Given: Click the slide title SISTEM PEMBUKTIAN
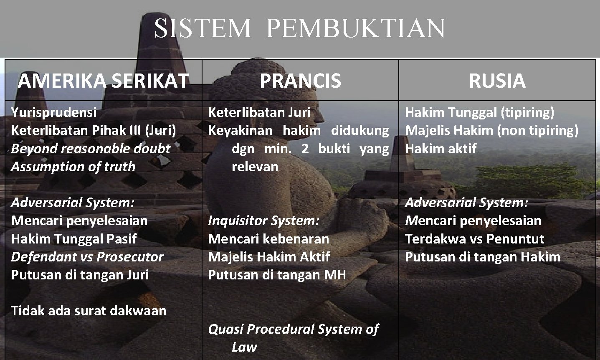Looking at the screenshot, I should [x=299, y=28].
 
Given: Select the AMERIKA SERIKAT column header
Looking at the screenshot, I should [x=103, y=81].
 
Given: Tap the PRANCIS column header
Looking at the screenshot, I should [x=300, y=81].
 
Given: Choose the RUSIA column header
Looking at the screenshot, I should [x=497, y=81].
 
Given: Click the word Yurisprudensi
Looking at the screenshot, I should [x=54, y=112].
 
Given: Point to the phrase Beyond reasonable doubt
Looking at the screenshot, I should [x=91, y=149].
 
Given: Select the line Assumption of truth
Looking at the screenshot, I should [x=73, y=167].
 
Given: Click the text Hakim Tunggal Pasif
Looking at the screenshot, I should [x=73, y=239].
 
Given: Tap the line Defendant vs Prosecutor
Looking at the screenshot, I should [x=87, y=257].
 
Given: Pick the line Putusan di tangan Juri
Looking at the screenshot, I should [x=80, y=275].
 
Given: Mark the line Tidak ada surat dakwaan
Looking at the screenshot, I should [x=89, y=311].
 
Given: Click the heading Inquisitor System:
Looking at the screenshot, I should [x=263, y=221].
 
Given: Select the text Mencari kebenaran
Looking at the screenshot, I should [x=268, y=239].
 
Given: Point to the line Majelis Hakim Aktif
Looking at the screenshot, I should [x=269, y=257].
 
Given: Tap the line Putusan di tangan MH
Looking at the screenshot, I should [x=277, y=275].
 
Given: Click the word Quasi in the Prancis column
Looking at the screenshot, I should [x=225, y=329].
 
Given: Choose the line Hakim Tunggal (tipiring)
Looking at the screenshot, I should [x=479, y=112].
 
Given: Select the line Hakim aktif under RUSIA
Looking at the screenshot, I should [x=441, y=149].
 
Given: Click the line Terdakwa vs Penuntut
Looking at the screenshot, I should [x=474, y=239].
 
